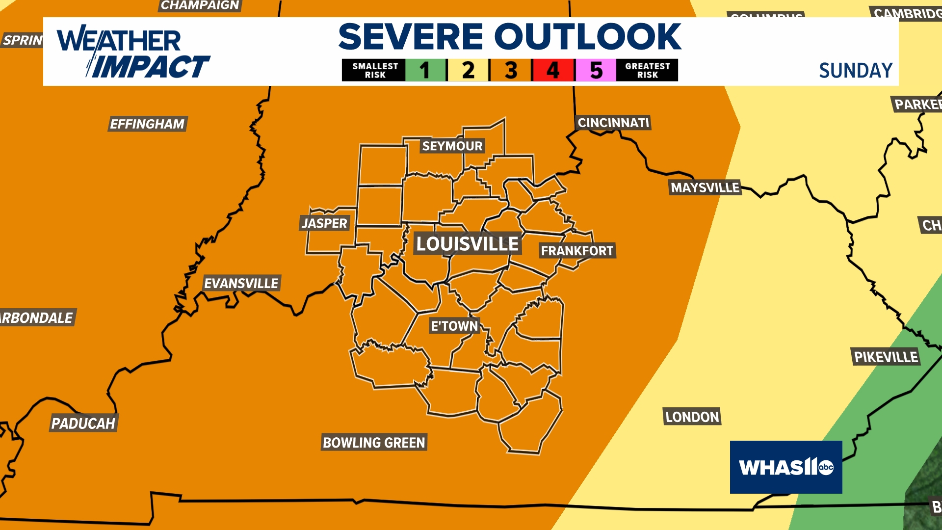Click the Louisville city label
pyautogui.click(x=467, y=244)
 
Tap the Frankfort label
pyautogui.click(x=577, y=251)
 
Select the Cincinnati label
pyautogui.click(x=613, y=123)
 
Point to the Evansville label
pyautogui.click(x=241, y=283)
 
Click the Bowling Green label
pyautogui.click(x=374, y=443)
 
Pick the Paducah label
pyautogui.click(x=83, y=423)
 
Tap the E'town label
pyautogui.click(x=454, y=326)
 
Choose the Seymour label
pyautogui.click(x=452, y=146)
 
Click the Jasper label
pyautogui.click(x=325, y=223)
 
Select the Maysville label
pyautogui.click(x=705, y=187)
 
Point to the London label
pyautogui.click(x=692, y=417)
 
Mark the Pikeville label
pyautogui.click(x=886, y=357)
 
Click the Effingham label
pyautogui.click(x=147, y=124)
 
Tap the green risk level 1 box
pyautogui.click(x=425, y=70)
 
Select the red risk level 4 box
pyautogui.click(x=553, y=70)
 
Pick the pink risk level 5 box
pyautogui.click(x=596, y=70)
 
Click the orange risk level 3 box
pyautogui.click(x=511, y=70)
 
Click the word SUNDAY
pyautogui.click(x=856, y=71)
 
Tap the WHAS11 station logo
pyautogui.click(x=786, y=467)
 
